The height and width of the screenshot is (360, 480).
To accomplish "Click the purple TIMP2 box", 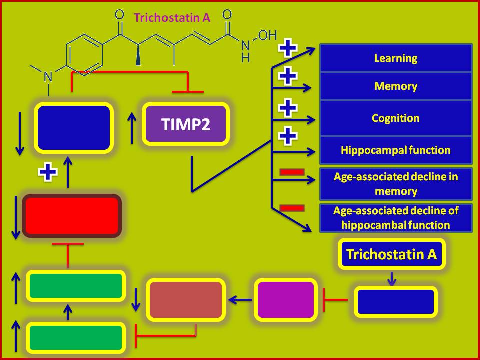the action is pos(186,124).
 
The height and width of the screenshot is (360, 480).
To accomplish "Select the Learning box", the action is pos(396,58).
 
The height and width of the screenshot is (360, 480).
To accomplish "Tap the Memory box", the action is pos(396,86).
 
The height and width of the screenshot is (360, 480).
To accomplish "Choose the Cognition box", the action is pos(396,118).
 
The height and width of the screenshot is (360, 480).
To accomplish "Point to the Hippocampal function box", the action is pos(396,150).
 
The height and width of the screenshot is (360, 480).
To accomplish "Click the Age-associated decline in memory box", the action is pos(396,184).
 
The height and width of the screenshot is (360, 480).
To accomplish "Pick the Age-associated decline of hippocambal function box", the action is pos(396,218).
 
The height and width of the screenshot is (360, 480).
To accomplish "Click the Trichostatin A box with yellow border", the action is pos(391,254).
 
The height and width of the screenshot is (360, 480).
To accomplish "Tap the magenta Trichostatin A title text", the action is pos(172,18).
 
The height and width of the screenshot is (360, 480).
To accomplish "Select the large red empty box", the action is pos(72,216).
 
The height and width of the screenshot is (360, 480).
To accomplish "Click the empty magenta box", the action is pos(286,300).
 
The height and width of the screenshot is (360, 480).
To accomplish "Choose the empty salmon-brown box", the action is pos(186,300).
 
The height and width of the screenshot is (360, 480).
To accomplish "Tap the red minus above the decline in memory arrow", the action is pos(292,172).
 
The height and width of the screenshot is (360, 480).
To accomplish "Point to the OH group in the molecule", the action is pos(267,35).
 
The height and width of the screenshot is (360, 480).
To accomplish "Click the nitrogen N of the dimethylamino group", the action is pos(48,76).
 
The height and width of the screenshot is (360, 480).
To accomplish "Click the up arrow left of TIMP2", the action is pos(132,127).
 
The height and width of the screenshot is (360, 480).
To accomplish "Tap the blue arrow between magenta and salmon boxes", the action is pos(240,300).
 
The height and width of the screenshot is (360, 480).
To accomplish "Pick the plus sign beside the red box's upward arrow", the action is pos(48,172).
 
